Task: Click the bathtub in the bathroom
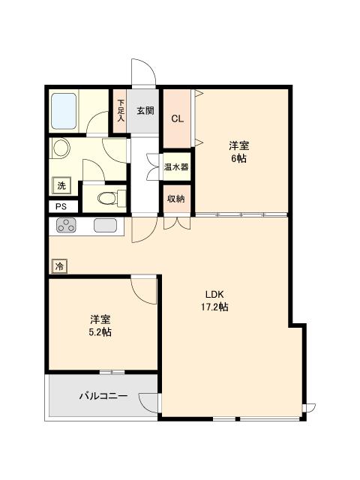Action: coord(64,111)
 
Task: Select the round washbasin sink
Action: coord(61,148)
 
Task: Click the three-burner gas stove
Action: coord(66,225)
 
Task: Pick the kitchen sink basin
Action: coord(105,225)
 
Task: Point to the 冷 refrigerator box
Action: coord(60,266)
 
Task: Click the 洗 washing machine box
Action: coord(61,185)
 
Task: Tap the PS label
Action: coord(61,207)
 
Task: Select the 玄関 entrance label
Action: coord(145,110)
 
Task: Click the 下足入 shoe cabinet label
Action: coord(121,110)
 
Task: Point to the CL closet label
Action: coord(178,118)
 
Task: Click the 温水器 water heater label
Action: coord(176,167)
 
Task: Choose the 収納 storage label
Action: coord(176,199)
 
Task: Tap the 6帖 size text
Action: coord(239,158)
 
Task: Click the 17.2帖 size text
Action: coord(214,307)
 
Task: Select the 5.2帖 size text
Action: coord(100,331)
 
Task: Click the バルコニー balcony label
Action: coord(103,396)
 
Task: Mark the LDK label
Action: coord(214,295)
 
